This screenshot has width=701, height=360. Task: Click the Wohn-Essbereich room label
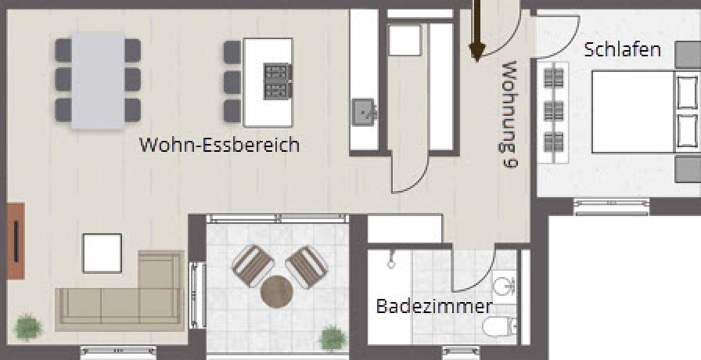click(x=219, y=145)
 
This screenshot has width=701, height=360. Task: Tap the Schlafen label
click(x=623, y=50)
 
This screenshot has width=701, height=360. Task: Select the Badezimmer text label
click(x=434, y=306)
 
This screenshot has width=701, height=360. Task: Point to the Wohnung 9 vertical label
click(x=509, y=114)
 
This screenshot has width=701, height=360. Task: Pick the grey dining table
click(x=98, y=80)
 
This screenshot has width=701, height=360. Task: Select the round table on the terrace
click(x=277, y=292)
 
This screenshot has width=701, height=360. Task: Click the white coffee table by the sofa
click(x=102, y=253)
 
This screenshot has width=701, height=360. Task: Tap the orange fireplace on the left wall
click(x=16, y=241)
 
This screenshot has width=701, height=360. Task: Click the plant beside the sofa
click(x=28, y=326)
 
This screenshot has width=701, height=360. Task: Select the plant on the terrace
click(x=333, y=338)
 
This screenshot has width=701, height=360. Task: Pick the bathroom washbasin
click(x=505, y=283)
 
